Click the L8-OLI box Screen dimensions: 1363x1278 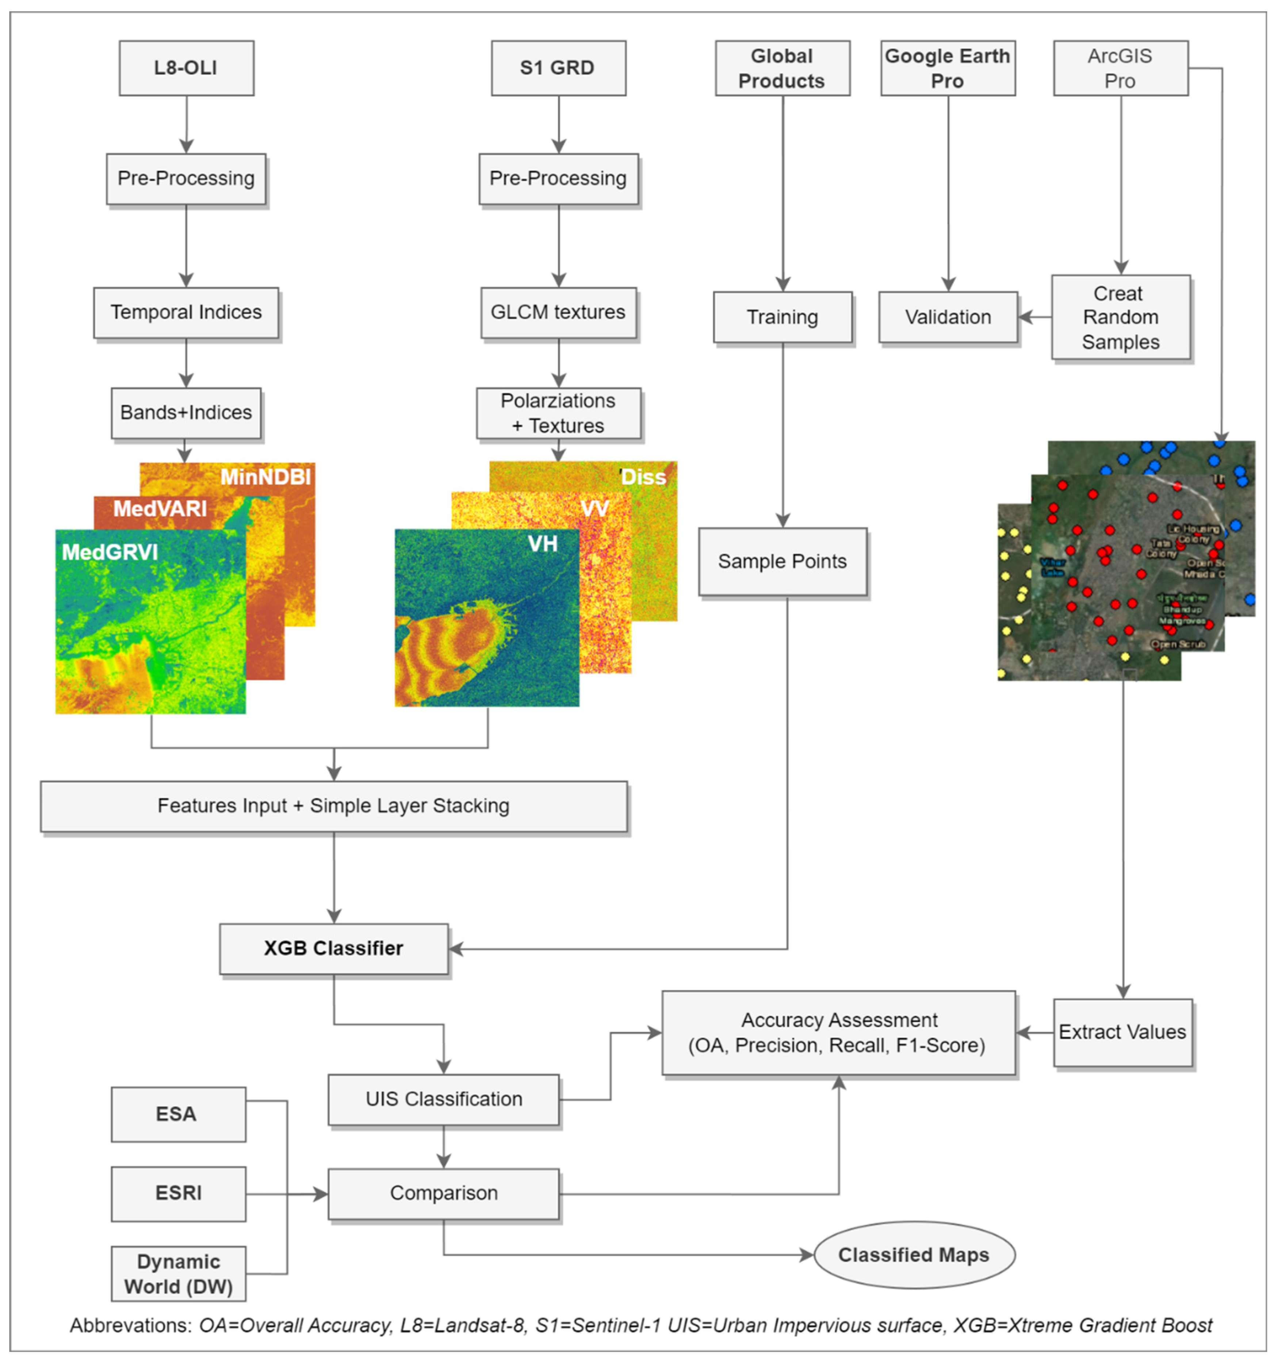click(x=186, y=68)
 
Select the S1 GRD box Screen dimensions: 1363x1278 click(x=558, y=68)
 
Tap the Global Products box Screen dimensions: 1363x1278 click(x=782, y=68)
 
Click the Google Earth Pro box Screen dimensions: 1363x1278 click(x=947, y=68)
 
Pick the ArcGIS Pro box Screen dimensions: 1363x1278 click(x=1120, y=68)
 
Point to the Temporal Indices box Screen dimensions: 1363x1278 click(x=186, y=313)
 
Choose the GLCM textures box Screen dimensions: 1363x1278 click(x=558, y=313)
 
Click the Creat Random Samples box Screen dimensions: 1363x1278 click(x=1120, y=317)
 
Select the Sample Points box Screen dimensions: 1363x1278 click(x=782, y=562)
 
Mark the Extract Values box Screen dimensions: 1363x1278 click(x=1122, y=1032)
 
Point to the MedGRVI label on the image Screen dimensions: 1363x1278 click(x=110, y=552)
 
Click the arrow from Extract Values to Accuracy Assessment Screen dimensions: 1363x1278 click(x=1034, y=1032)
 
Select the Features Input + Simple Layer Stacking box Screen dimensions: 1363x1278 click(x=333, y=806)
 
